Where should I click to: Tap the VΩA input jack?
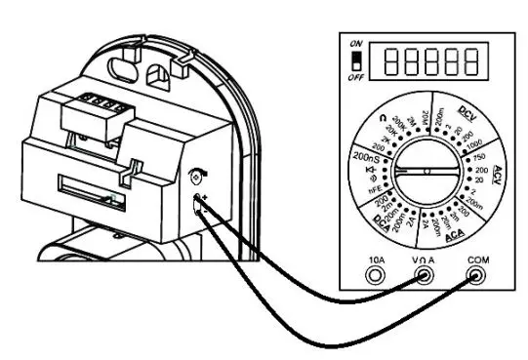[x=425, y=276]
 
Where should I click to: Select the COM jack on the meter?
[x=477, y=276]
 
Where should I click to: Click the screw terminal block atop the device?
[x=98, y=100]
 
